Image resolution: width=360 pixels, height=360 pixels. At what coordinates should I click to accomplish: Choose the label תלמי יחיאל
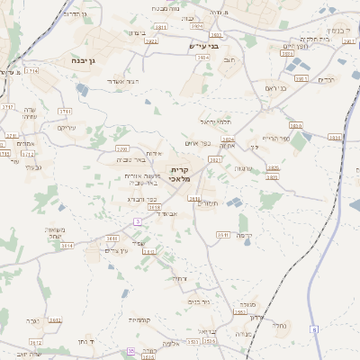pyautogui.click(x=215, y=119)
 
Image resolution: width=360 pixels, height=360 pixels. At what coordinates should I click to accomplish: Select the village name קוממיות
pyautogui.click(x=139, y=319)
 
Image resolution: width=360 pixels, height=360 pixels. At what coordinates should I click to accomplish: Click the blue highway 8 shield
pyautogui.click(x=314, y=330)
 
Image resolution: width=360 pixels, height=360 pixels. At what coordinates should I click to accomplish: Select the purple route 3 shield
pyautogui.click(x=137, y=220)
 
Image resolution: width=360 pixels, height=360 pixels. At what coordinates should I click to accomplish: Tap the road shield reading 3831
pyautogui.click(x=334, y=138)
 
